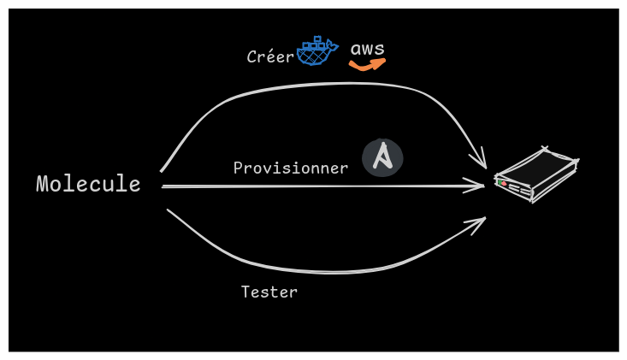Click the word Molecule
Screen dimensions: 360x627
[88, 184]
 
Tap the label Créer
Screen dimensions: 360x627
[270, 57]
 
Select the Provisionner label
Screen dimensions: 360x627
[291, 168]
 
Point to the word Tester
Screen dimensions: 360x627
[269, 292]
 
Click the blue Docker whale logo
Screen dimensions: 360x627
[316, 53]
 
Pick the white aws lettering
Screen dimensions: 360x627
[368, 49]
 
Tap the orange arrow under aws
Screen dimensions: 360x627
[368, 64]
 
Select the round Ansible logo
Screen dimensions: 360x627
[382, 158]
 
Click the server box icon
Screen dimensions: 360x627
[536, 174]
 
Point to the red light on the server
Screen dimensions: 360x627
[505, 184]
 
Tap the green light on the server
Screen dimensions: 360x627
[500, 182]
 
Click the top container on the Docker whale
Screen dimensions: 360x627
[316, 39]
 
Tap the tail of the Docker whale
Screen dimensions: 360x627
[333, 45]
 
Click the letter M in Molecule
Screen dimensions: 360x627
[42, 184]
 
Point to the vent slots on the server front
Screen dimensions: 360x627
[517, 189]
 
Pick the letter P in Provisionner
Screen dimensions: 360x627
[238, 168]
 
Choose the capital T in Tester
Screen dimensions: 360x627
[245, 292]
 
